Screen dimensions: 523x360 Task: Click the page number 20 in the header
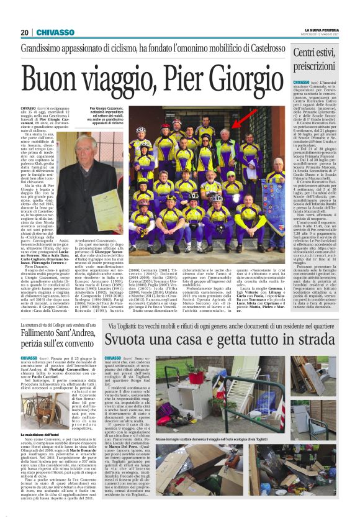[x=25, y=32]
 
